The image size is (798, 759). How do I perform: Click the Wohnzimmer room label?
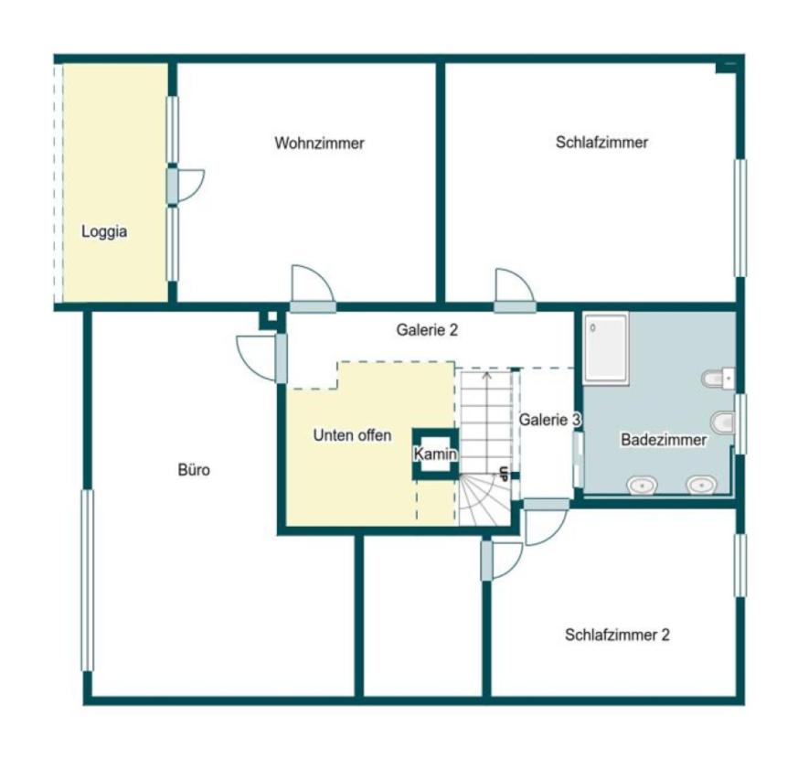pyautogui.click(x=319, y=143)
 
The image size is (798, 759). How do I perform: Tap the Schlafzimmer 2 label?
pyautogui.click(x=617, y=635)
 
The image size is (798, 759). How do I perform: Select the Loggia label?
pyautogui.click(x=104, y=232)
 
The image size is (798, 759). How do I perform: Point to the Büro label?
pyautogui.click(x=194, y=469)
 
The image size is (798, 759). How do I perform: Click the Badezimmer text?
pyautogui.click(x=664, y=440)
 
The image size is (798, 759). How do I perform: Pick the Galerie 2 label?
pyautogui.click(x=427, y=330)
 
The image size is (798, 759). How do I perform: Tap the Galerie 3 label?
pyautogui.click(x=549, y=420)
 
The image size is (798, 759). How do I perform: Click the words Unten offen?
pyautogui.click(x=352, y=435)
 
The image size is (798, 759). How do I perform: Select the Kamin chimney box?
pyautogui.click(x=436, y=454)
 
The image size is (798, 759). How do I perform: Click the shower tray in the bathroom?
pyautogui.click(x=606, y=347)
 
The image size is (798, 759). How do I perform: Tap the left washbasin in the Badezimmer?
pyautogui.click(x=642, y=486)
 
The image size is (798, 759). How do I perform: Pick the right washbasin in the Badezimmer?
pyautogui.click(x=702, y=486)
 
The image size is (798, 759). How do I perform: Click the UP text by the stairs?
pyautogui.click(x=504, y=474)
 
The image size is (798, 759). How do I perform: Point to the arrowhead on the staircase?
pyautogui.click(x=487, y=375)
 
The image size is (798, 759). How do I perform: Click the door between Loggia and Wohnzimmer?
pyautogui.click(x=186, y=186)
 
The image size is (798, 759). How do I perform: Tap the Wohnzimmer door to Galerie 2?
pyautogui.click(x=313, y=289)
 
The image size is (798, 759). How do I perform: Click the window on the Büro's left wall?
pyautogui.click(x=88, y=581)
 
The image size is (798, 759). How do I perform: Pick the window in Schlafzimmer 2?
pyautogui.click(x=740, y=565)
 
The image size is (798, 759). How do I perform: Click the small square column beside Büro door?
pyautogui.click(x=272, y=317)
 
